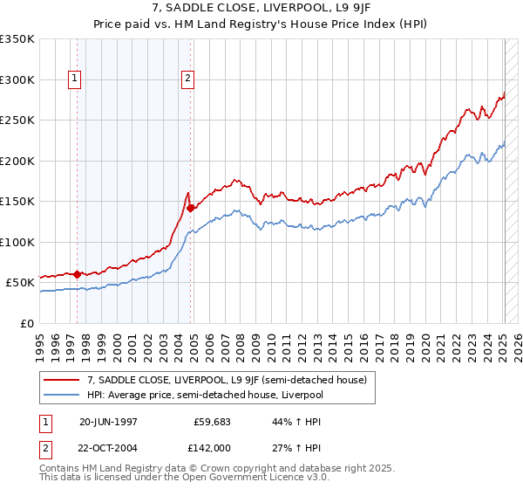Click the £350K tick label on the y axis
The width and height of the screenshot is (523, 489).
[x=17, y=39]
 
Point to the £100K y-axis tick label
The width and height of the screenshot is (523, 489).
[x=17, y=242]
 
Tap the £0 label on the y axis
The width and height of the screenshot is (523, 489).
[x=26, y=323]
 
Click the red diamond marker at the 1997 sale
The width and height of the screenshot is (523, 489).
[x=77, y=274]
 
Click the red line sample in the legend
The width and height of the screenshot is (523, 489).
[x=61, y=380]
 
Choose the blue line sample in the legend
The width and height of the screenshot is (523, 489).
[x=61, y=395]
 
